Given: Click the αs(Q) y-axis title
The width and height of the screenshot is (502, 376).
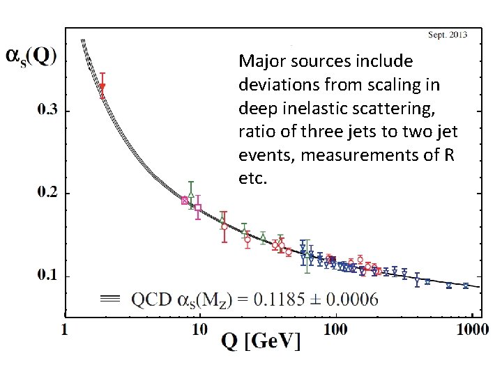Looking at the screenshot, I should pos(31,57).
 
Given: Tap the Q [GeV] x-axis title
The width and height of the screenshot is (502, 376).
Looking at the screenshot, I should pos(262,341).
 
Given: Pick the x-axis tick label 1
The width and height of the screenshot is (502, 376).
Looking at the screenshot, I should pos(66,329).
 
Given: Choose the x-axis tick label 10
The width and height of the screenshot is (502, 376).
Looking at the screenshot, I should pos(200,329).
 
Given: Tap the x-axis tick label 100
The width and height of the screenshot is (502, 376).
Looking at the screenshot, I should pos(336,329).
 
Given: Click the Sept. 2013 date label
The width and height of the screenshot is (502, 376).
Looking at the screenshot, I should pos(447,35).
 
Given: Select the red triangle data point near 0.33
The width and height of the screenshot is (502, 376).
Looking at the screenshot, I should pos(102,87).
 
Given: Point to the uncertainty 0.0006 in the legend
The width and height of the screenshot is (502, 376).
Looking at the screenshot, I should pos(353,299).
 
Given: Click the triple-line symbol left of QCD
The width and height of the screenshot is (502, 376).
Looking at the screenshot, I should pos(111,299).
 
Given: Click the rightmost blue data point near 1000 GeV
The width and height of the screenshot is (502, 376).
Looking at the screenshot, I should pos(466,285).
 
